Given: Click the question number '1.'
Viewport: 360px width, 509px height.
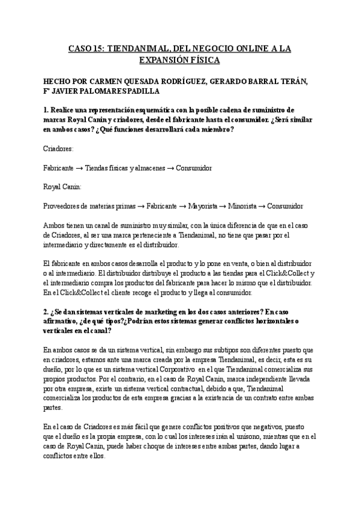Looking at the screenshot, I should click(x=46, y=111).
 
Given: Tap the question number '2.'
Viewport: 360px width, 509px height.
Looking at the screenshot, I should click(x=46, y=312).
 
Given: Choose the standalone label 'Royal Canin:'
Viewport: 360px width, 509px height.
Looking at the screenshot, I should click(x=62, y=187).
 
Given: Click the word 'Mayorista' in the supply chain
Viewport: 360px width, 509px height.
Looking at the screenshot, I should click(x=204, y=206).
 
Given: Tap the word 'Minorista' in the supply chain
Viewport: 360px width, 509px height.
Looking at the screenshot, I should click(x=245, y=206).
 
